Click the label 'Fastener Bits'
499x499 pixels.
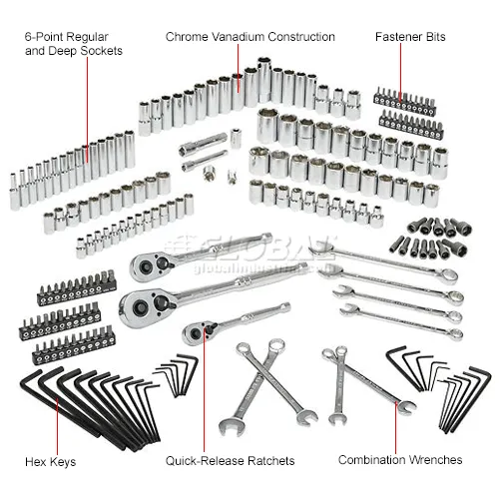point(410,37)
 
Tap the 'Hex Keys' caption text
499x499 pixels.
point(50,462)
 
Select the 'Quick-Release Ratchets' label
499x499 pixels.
point(230,461)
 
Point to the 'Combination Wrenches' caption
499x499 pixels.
point(400,460)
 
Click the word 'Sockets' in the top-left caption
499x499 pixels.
point(102,51)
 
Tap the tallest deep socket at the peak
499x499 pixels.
point(264,80)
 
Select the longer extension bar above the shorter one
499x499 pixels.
point(203,144)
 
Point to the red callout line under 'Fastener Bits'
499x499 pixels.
point(400,72)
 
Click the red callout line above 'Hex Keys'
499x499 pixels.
point(57,426)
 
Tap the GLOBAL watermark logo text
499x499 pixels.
point(252,248)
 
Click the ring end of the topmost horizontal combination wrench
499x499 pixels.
point(448,276)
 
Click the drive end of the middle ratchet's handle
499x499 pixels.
point(301,266)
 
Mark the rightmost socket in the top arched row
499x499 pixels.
point(353,105)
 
